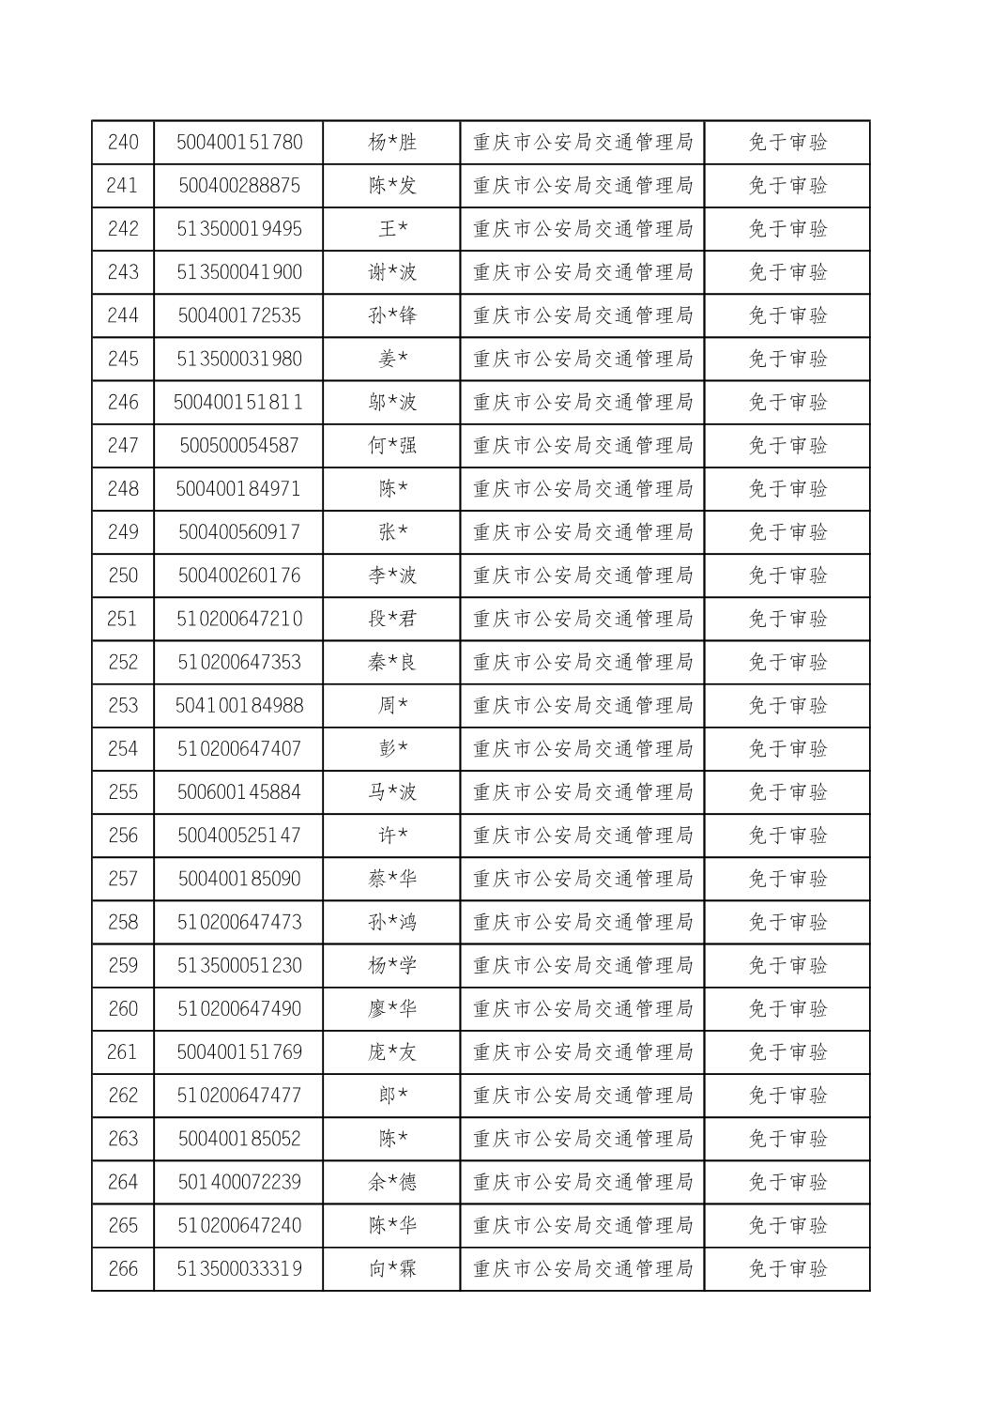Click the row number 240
tap(123, 143)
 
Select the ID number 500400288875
tap(239, 186)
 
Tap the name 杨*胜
tap(392, 143)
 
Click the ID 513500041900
tap(239, 272)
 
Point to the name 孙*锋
tap(392, 315)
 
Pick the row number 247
tap(123, 446)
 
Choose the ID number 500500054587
tap(239, 446)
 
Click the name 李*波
tap(392, 575)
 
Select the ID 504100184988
tap(239, 706)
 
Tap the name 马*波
tap(392, 792)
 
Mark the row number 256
tap(123, 836)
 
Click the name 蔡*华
tap(392, 879)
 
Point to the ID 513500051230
tap(239, 966)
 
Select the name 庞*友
tap(392, 1052)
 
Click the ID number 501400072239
tap(239, 1182)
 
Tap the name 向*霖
tap(392, 1269)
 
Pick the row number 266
tap(123, 1269)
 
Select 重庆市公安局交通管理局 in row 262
tap(583, 1096)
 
